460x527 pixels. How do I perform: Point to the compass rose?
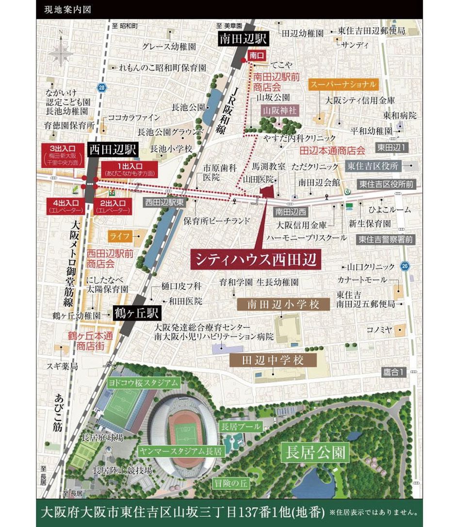tap(61, 50)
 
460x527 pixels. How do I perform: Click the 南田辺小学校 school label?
tap(283, 304)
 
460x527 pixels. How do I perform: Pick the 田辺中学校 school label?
tap(273, 360)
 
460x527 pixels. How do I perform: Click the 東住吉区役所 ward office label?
tap(373, 166)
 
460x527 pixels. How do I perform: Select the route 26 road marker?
tap(405, 266)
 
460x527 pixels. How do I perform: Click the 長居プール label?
tap(241, 427)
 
